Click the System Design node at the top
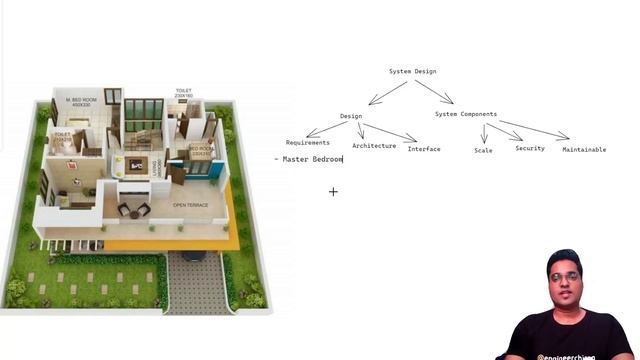[412, 71]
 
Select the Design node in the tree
[350, 116]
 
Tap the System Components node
[465, 114]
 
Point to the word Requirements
[308, 143]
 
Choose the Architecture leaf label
[374, 146]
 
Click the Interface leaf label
[424, 149]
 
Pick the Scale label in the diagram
[483, 150]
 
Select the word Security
[530, 148]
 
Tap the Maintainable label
[584, 150]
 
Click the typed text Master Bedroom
[313, 159]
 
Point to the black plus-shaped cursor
[333, 191]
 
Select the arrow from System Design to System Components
[435, 91]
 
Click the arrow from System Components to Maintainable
[535, 129]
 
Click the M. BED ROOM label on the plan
[80, 101]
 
